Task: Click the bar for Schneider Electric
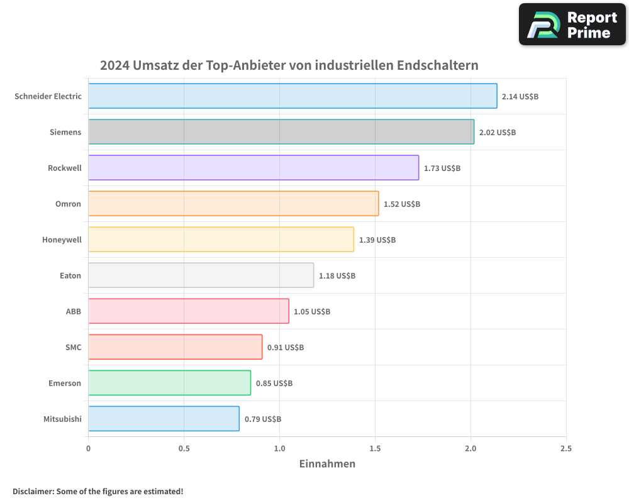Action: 292,96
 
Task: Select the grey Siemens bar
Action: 281,132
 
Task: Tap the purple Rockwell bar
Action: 253,168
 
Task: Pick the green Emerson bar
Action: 170,383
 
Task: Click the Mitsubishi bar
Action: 164,419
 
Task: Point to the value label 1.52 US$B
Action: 402,204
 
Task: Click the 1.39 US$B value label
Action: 377,240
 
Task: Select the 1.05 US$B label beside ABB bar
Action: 312,312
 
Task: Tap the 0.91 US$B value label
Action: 286,348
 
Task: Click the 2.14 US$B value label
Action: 520,97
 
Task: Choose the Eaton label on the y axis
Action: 70,275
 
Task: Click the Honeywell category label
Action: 62,240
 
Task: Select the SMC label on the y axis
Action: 73,347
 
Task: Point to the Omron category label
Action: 68,204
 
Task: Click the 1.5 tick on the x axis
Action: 375,449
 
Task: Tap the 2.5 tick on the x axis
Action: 566,449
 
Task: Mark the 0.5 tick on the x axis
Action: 184,449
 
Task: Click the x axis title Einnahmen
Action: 327,464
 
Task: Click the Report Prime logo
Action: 572,25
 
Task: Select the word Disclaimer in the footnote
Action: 32,492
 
